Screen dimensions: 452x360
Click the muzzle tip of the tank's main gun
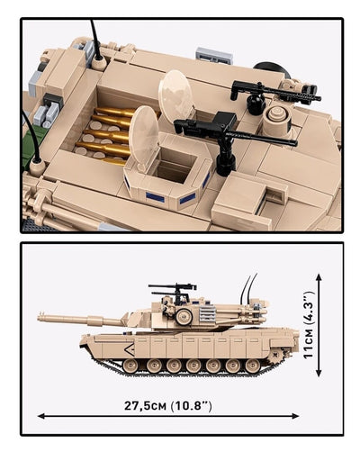point(41,316)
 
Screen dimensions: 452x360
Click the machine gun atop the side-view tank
point(172,290)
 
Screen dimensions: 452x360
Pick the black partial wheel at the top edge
point(266,67)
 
